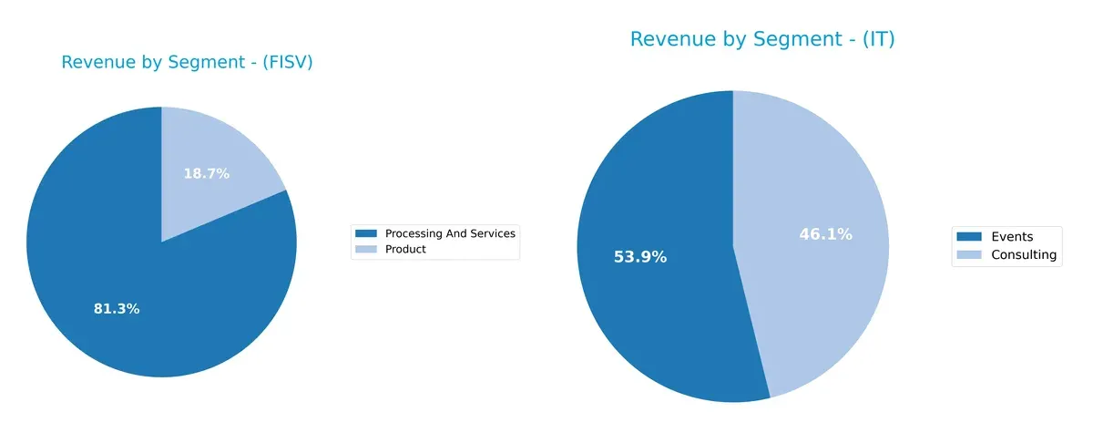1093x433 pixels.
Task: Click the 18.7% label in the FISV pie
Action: point(207,173)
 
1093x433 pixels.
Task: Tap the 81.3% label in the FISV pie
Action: point(117,309)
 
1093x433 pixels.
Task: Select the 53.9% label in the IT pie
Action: point(640,257)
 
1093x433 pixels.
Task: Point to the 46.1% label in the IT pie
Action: point(825,234)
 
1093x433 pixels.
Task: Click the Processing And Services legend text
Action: point(450,233)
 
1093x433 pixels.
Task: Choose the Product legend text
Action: point(405,249)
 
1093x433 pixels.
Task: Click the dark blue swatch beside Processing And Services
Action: point(367,233)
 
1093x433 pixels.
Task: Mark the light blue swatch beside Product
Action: point(367,249)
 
